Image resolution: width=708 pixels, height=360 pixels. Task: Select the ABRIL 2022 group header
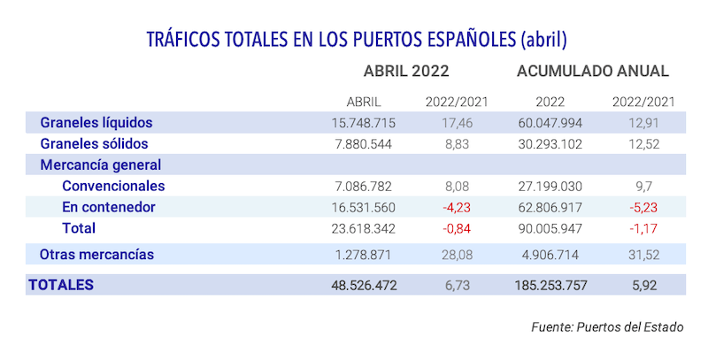(406, 72)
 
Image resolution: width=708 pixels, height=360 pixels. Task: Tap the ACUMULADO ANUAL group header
(592, 72)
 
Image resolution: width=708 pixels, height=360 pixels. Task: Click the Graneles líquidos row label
(96, 122)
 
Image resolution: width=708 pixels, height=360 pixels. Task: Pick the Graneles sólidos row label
(94, 143)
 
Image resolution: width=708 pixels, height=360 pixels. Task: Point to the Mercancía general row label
(100, 165)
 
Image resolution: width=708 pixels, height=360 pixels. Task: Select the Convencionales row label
(113, 186)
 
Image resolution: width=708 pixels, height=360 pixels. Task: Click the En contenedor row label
(109, 207)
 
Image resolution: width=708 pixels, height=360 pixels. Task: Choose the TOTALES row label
(61, 285)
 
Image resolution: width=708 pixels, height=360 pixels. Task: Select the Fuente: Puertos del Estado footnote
(607, 326)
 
